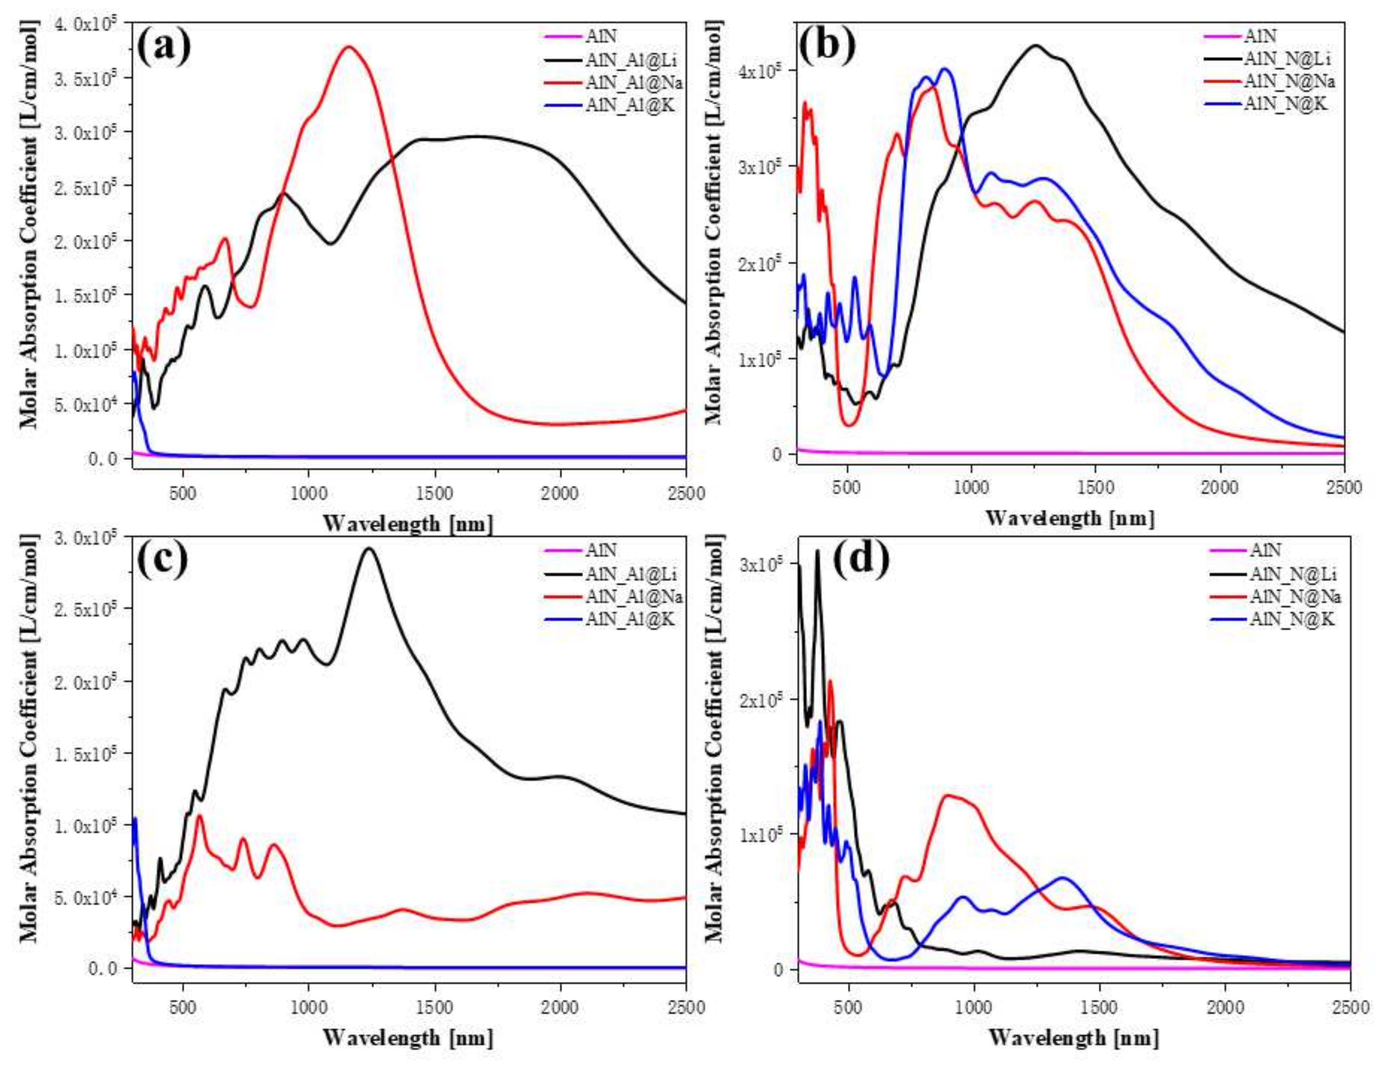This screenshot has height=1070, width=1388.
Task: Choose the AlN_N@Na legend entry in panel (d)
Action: (1295, 596)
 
